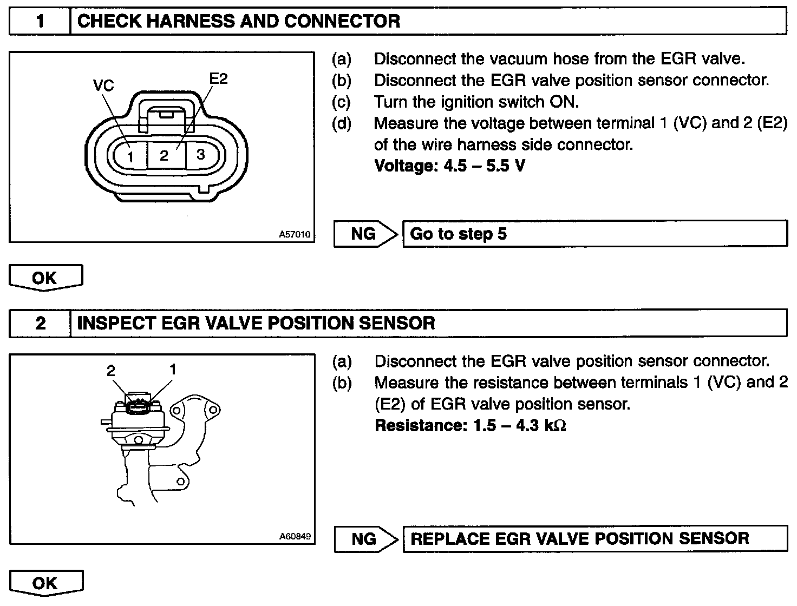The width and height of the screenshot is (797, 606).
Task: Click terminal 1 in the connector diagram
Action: (x=130, y=157)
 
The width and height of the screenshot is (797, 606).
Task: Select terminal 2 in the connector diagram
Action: (x=164, y=156)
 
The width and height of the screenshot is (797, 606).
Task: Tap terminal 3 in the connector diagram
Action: (x=200, y=155)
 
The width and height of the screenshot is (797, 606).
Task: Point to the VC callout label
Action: (x=103, y=85)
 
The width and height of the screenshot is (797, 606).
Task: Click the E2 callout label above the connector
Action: (x=218, y=78)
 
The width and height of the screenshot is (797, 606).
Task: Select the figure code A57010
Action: (x=295, y=234)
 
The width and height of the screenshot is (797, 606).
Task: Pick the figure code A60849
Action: (x=295, y=537)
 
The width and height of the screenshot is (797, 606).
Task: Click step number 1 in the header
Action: (x=40, y=21)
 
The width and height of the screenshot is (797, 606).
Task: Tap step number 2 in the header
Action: (x=40, y=324)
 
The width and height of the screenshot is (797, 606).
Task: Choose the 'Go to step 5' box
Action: (x=595, y=234)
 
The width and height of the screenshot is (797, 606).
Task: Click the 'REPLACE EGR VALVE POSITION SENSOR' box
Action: (x=595, y=539)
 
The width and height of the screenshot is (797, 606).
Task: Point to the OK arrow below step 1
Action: (x=45, y=278)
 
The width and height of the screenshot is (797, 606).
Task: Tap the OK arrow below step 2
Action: (x=45, y=583)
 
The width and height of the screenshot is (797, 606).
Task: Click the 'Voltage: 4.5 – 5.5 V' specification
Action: (x=449, y=166)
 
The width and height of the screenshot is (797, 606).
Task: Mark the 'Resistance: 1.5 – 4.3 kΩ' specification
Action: (x=470, y=426)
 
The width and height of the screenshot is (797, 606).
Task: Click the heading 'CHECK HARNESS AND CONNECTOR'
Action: (x=239, y=21)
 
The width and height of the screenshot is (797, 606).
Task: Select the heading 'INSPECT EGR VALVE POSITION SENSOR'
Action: (x=256, y=324)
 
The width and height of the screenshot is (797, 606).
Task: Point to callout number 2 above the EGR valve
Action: (x=111, y=371)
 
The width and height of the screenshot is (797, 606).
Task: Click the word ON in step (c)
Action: (x=564, y=102)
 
